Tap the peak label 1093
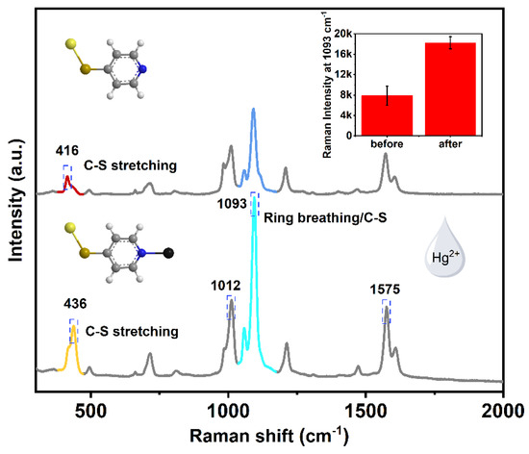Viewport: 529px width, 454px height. (231, 205)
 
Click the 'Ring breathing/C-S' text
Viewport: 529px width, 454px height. (327, 205)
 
